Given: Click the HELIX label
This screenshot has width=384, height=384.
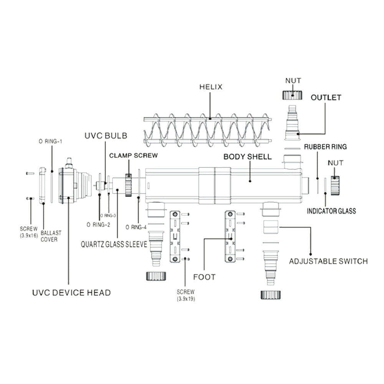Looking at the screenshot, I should tap(210, 87).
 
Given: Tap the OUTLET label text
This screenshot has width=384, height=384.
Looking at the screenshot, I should tap(326, 98).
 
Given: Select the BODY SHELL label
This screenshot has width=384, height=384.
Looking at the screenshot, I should tap(248, 157).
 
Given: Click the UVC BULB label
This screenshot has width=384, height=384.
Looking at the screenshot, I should tap(106, 136).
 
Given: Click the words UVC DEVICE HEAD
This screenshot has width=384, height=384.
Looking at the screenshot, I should tap(71, 293).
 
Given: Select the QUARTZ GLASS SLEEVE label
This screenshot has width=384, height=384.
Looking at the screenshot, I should tap(114, 245).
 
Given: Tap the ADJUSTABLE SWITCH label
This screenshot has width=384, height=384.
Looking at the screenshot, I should tap(328, 262).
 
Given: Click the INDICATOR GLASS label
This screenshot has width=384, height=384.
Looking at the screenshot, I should tap(331, 211).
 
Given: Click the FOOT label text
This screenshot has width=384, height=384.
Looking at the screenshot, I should tap(205, 276).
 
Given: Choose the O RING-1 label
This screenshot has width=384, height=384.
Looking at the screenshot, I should tap(50, 141).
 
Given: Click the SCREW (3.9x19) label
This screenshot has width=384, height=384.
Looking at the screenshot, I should tap(186, 295).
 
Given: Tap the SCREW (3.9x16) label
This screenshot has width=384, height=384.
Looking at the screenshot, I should tap(28, 232).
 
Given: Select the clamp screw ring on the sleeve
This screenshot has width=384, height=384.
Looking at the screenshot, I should tap(128, 185).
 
